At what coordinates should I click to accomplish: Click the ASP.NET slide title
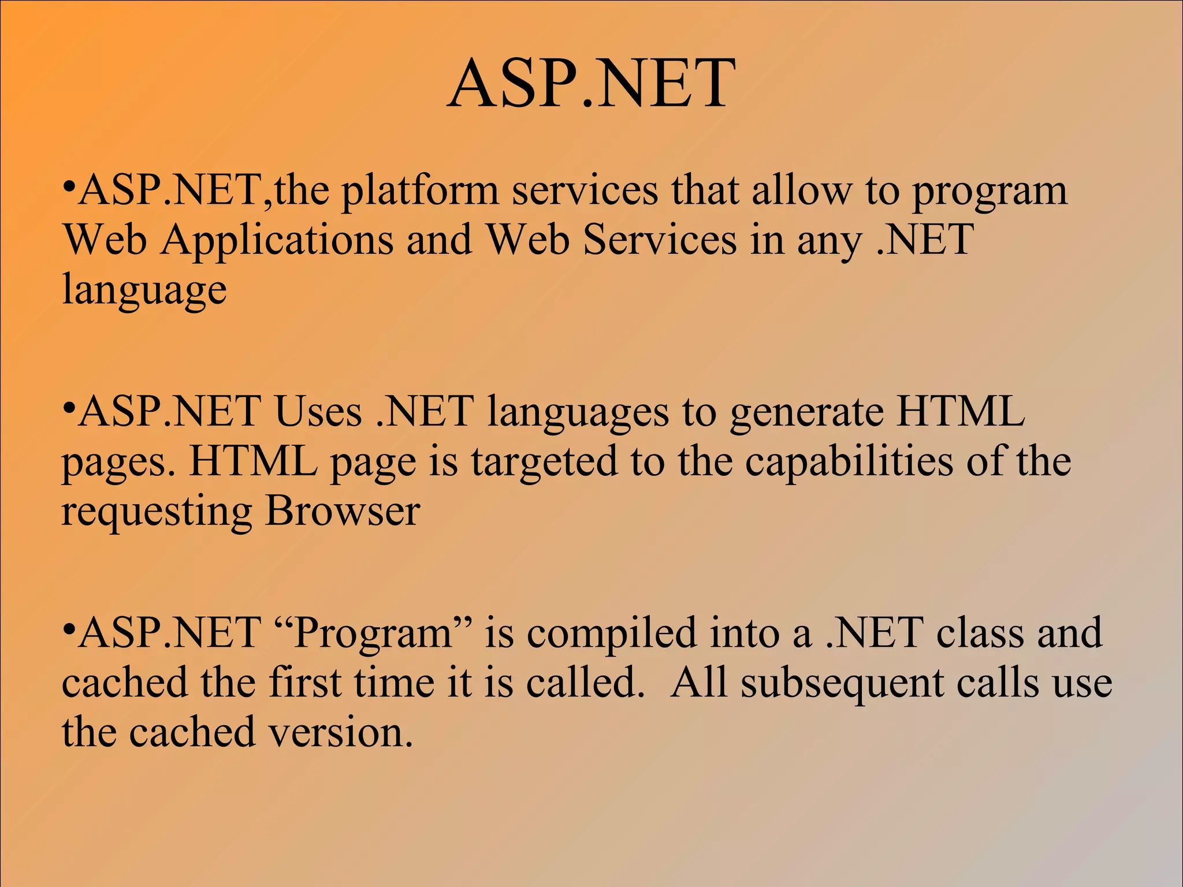click(591, 84)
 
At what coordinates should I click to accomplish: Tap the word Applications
click(277, 240)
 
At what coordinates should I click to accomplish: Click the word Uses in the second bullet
click(318, 412)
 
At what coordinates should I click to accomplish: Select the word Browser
click(342, 512)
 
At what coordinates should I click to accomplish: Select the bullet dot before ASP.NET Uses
click(69, 408)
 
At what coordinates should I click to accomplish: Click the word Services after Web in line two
click(660, 240)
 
